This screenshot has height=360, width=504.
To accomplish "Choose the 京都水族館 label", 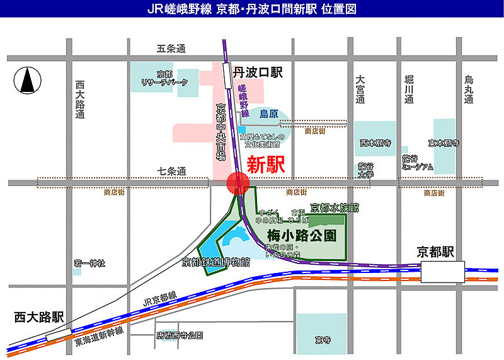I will [335, 207].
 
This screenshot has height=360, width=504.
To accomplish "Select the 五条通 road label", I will [171, 49].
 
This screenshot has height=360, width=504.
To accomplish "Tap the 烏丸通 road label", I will [469, 89].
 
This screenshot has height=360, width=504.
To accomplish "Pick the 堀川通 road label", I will [408, 89].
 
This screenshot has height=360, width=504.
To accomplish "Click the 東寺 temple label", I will [323, 340].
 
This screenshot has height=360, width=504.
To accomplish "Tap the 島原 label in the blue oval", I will [269, 114].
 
